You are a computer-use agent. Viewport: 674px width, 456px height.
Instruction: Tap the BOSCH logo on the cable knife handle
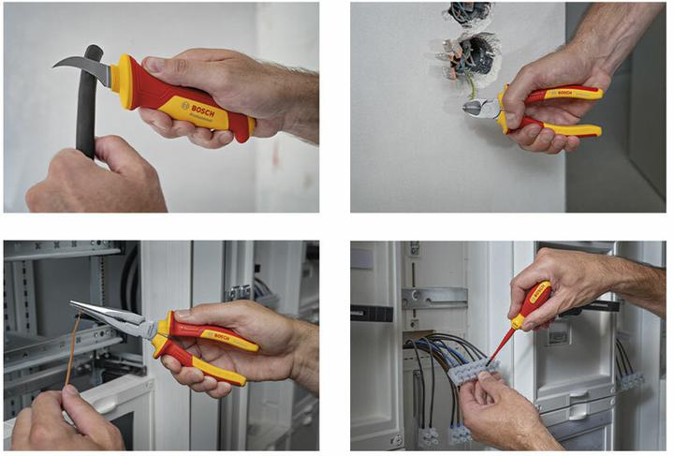click(198, 110)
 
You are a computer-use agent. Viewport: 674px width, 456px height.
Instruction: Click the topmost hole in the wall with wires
click(467, 12)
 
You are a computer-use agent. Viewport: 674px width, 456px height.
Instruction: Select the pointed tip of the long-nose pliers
click(74, 304)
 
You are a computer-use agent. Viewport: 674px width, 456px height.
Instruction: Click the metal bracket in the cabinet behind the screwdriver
click(432, 298)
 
